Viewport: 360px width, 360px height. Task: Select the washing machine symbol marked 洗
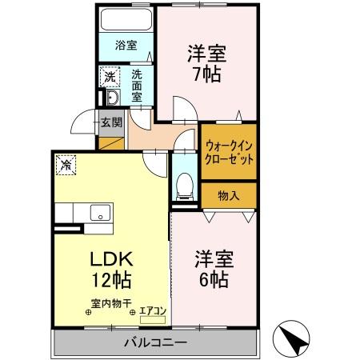coord(109,78)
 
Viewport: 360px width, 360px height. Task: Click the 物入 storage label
coord(229,194)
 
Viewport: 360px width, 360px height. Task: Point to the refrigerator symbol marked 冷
coord(64,166)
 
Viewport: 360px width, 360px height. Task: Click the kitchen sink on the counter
coord(101,212)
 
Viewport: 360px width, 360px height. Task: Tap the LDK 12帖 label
coord(110,270)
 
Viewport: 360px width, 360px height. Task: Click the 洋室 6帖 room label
coord(213,270)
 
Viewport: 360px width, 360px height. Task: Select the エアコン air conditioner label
coord(154,310)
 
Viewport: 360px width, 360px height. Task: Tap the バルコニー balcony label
coord(155,342)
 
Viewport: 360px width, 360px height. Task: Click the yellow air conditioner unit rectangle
coord(153,319)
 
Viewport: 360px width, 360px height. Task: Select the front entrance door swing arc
coord(82,126)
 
